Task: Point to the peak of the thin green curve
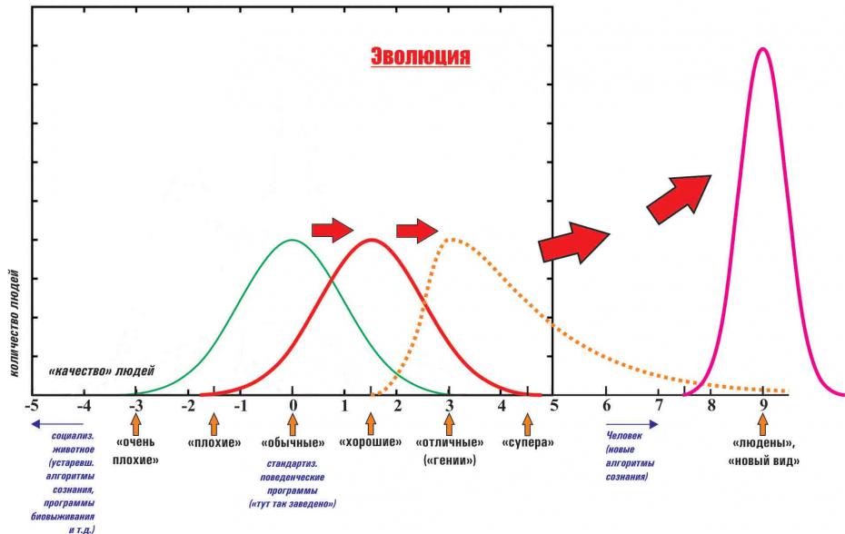292,240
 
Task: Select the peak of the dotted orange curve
449,240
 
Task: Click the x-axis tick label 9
763,406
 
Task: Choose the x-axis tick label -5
32,406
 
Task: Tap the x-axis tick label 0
293,406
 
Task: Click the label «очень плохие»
136,451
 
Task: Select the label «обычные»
293,444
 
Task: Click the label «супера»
528,444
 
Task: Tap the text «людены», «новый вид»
763,451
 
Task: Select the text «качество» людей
101,371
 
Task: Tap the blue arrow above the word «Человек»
632,423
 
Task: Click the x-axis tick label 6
606,406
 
